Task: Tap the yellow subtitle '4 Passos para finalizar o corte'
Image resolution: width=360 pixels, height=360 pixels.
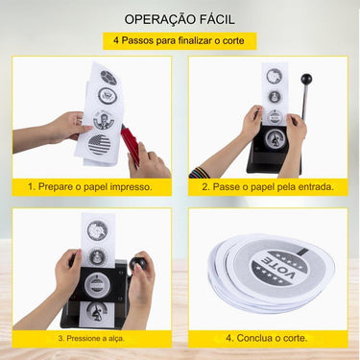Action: (180, 41)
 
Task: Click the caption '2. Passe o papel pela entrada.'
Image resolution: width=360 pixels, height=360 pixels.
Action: (267, 185)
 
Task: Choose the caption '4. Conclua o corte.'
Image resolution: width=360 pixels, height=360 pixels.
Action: (267, 338)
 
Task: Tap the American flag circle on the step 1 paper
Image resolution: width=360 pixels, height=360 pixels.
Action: (100, 144)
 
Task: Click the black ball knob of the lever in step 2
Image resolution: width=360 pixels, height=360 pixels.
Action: (308, 80)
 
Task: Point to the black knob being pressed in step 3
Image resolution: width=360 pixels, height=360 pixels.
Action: (139, 264)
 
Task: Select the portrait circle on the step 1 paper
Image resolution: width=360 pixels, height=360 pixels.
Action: (104, 121)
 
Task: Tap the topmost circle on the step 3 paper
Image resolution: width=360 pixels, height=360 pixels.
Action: (96, 230)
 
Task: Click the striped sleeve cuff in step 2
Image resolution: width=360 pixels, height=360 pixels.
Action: (199, 174)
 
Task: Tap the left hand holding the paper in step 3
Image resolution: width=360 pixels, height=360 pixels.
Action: (67, 272)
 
